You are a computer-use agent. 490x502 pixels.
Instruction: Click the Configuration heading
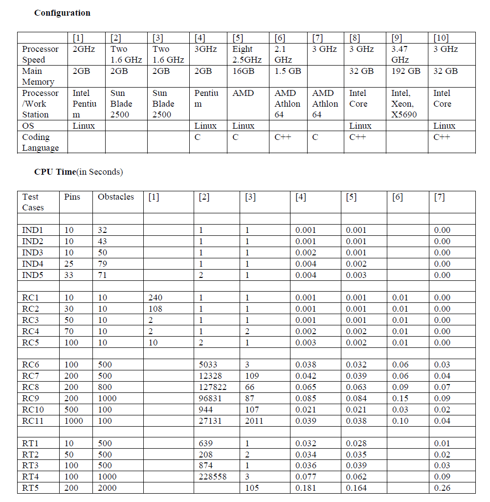62,13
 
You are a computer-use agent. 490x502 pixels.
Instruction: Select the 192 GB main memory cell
406,71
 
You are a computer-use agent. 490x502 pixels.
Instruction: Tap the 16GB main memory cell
243,71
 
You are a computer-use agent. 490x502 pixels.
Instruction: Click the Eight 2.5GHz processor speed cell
247,54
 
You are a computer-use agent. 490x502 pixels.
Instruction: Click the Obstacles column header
115,197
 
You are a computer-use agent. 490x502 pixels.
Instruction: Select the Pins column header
72,197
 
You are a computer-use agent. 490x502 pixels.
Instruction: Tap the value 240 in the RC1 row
155,297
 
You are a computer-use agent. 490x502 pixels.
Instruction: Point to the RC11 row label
33,421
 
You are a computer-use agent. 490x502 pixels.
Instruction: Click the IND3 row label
32,252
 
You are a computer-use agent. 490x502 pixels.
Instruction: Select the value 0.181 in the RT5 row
306,488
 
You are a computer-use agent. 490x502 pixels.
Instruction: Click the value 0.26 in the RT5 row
442,488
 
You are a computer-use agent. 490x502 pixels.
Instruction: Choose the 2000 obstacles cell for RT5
108,488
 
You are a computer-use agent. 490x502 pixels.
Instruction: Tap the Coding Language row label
40,142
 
